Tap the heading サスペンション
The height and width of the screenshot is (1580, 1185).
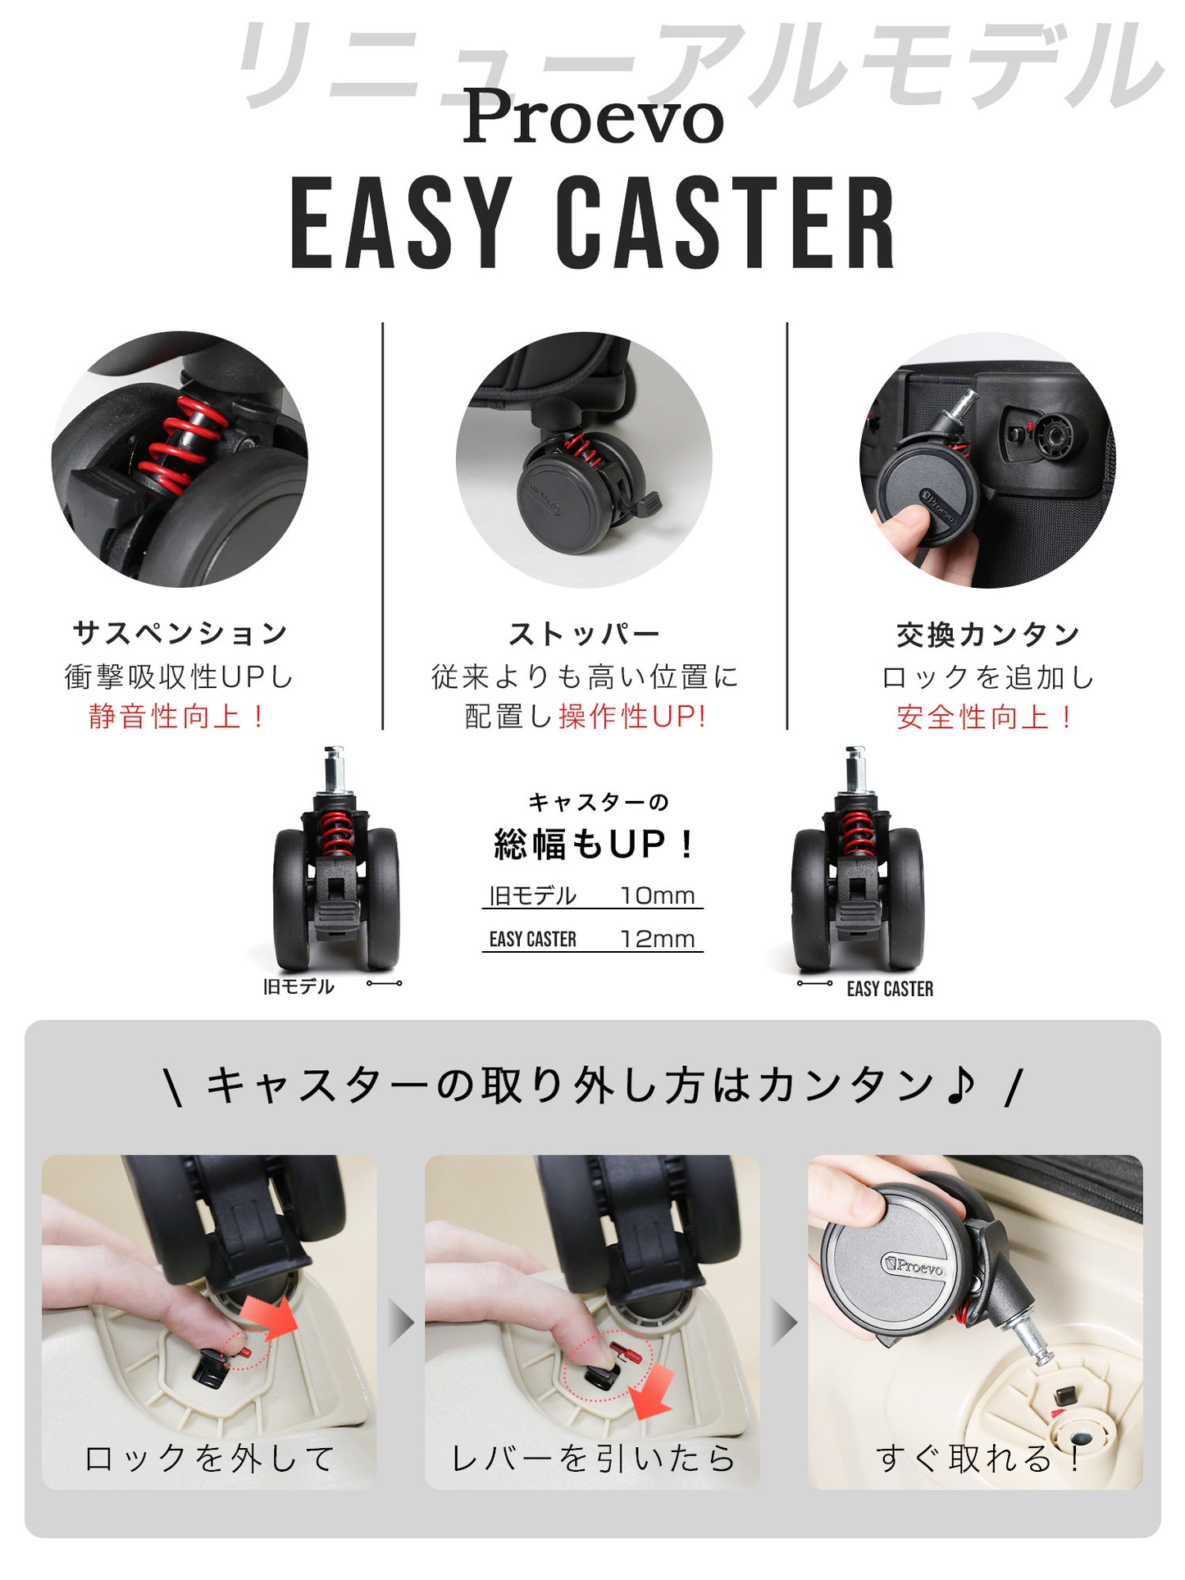click(x=180, y=633)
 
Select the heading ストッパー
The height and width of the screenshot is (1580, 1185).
click(x=584, y=634)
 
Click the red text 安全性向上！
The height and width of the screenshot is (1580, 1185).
click(x=987, y=717)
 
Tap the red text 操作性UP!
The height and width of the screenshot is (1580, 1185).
click(x=632, y=717)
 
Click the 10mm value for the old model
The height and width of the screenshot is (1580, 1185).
click(x=657, y=895)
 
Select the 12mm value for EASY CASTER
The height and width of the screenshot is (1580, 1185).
click(x=657, y=939)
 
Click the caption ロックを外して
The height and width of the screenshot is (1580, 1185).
click(x=210, y=1458)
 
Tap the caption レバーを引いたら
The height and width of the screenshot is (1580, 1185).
click(x=593, y=1458)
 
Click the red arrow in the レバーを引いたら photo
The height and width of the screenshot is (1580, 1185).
click(x=651, y=1390)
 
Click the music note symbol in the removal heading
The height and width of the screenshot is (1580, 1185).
click(x=959, y=1084)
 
